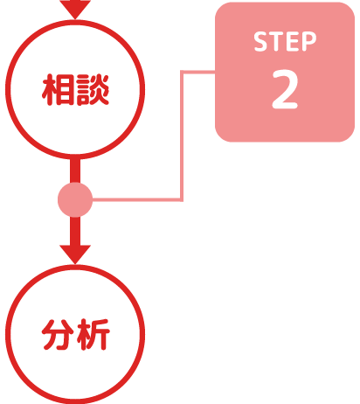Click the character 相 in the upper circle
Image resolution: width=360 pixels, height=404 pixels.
tap(59, 89)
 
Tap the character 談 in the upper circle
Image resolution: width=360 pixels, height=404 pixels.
tap(92, 89)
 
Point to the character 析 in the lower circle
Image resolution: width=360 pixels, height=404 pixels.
tap(93, 334)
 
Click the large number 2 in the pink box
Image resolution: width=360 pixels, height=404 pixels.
tap(285, 89)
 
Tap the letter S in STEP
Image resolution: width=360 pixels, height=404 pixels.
tap(261, 42)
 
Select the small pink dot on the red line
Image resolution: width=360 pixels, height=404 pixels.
tap(75, 199)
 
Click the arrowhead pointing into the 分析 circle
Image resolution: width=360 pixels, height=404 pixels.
tap(75, 254)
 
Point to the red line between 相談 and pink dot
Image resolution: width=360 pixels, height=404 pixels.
tap(75, 171)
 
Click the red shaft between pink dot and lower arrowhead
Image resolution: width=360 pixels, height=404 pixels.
tap(75, 231)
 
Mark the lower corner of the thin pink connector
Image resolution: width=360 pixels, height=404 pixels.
tap(182, 199)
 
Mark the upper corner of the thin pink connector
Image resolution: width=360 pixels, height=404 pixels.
tap(182, 72)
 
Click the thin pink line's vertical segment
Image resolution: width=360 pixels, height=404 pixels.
tap(182, 136)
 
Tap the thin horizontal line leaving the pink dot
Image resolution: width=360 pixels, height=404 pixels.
tap(137, 199)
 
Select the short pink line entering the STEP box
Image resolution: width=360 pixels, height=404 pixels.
tap(198, 72)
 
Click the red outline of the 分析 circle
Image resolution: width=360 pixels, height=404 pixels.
tap(75, 267)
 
